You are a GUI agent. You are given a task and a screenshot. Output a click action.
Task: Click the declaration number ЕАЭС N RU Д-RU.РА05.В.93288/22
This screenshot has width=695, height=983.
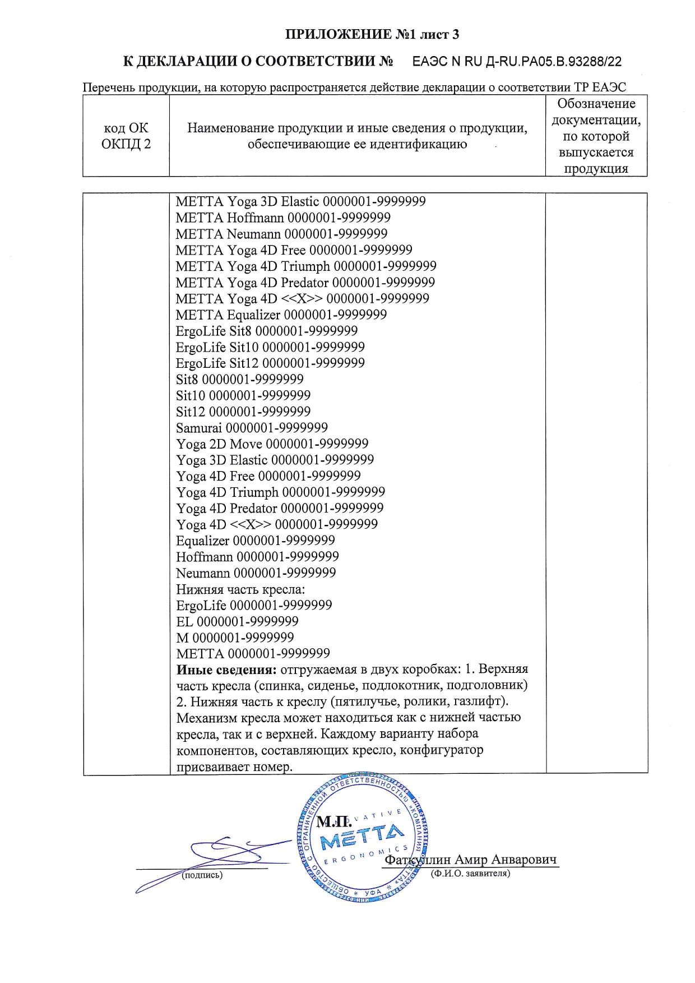coord(517,62)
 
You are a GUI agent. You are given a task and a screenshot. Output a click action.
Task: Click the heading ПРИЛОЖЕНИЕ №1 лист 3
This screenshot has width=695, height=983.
coord(372,35)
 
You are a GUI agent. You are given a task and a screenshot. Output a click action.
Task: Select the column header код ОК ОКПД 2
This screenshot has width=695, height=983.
coord(126,136)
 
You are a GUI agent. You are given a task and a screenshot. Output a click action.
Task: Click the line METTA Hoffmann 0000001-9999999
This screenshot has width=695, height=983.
coord(283,218)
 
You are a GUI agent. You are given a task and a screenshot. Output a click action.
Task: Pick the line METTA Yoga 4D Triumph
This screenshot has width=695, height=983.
coord(306,266)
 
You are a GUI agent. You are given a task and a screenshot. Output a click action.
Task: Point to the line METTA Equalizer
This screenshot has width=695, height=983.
coord(281,315)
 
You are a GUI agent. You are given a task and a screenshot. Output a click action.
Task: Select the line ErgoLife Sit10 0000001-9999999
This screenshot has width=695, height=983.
coord(270,347)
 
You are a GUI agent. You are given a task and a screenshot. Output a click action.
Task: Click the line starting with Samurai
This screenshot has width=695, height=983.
coord(252,428)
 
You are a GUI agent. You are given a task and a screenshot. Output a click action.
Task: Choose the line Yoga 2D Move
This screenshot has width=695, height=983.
coord(272,444)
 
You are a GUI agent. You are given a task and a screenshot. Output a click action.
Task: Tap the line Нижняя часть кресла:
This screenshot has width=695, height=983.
coord(240,589)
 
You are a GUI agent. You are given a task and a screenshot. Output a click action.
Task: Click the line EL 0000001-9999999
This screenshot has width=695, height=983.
coord(237,621)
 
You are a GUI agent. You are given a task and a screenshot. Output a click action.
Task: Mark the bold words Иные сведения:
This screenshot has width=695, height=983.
coord(226,670)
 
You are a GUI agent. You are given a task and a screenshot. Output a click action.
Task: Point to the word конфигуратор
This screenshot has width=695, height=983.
coord(441,750)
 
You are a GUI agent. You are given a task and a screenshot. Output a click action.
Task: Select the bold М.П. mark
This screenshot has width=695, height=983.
coord(334,822)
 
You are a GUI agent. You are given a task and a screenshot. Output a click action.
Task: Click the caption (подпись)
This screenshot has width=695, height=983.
coord(202,875)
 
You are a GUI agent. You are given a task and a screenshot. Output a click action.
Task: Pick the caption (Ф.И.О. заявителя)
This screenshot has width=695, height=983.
coord(470,873)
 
